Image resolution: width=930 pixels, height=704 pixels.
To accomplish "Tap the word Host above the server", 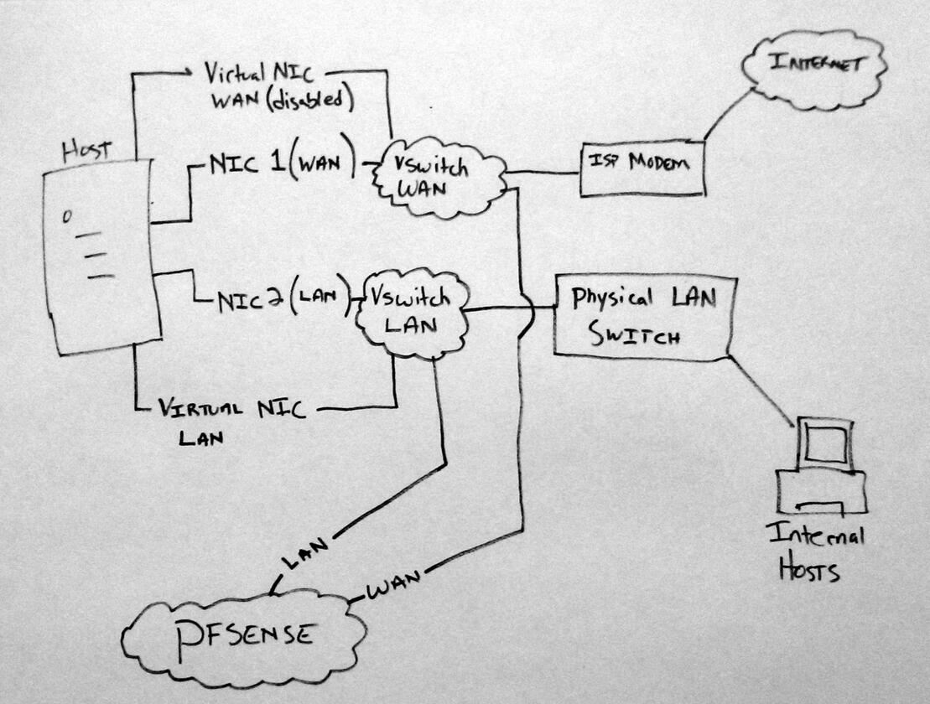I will click(x=87, y=151).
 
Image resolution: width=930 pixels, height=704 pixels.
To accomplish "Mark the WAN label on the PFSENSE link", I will click(x=394, y=582).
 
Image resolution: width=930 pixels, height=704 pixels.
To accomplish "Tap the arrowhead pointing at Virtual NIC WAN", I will click(x=190, y=74).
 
